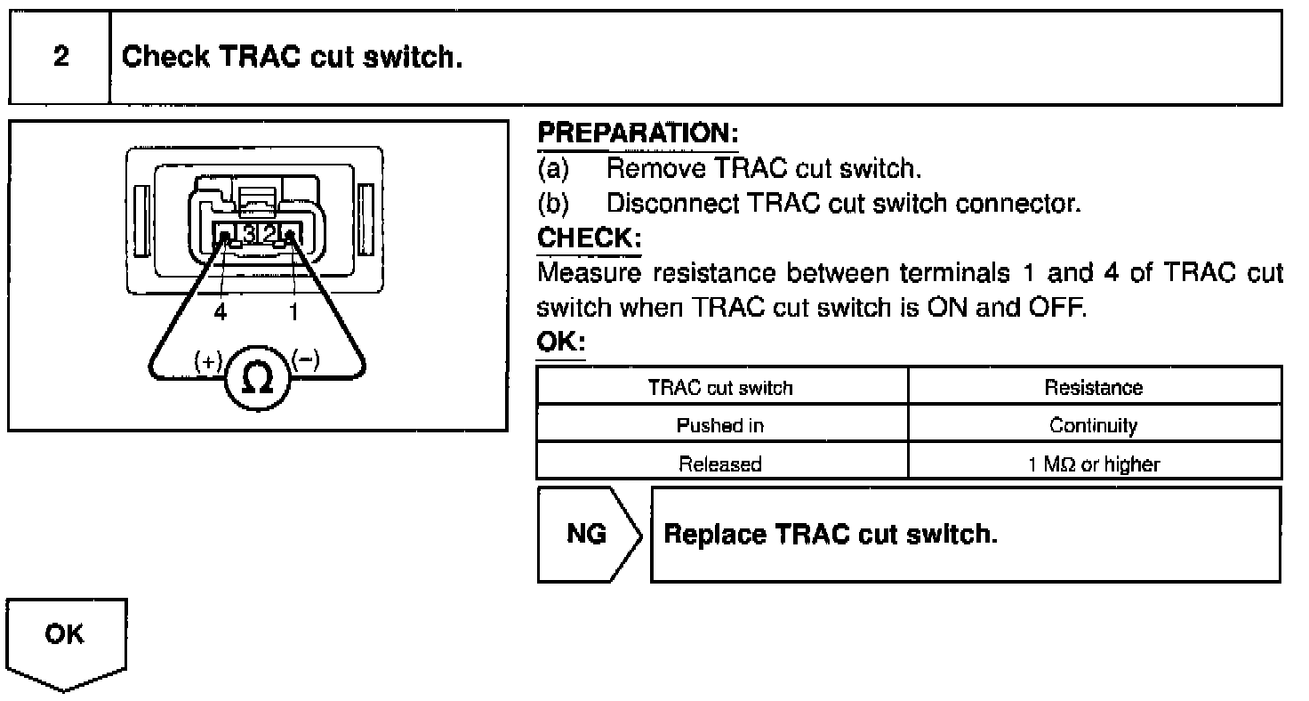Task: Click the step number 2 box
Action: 60,57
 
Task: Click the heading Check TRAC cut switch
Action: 292,57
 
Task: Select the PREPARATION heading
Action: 638,134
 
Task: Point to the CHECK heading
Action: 589,239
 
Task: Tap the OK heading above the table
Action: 560,342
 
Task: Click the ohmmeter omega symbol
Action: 258,381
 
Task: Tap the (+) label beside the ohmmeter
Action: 207,361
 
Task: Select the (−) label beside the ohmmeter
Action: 305,360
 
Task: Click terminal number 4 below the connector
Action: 220,311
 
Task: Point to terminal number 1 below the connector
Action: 294,311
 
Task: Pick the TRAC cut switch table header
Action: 720,388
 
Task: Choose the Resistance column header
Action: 1093,388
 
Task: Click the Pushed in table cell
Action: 720,425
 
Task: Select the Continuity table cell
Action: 1093,425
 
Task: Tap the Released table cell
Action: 720,463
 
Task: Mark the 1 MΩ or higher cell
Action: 1093,463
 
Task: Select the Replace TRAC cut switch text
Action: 831,535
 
